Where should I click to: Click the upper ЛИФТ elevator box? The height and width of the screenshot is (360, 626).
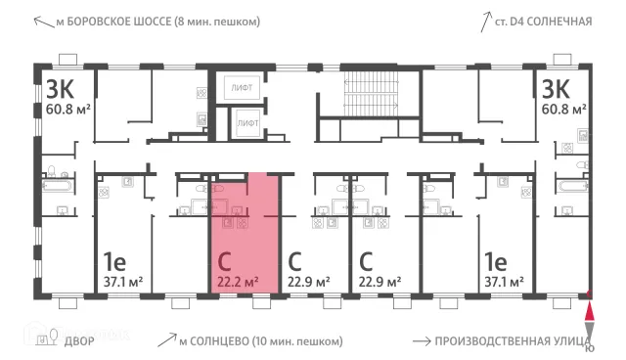(242, 87)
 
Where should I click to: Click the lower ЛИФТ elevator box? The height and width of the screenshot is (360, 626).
(247, 123)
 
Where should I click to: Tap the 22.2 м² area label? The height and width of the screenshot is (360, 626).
(238, 282)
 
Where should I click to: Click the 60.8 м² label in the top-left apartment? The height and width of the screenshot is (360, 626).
(67, 109)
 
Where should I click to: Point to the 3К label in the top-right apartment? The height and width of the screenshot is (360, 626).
(556, 89)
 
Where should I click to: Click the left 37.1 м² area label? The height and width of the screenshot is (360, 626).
(123, 282)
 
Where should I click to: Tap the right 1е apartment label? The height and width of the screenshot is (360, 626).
(495, 261)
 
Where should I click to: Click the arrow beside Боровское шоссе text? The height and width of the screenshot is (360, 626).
(44, 22)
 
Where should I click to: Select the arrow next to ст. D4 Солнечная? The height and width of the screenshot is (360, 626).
(485, 22)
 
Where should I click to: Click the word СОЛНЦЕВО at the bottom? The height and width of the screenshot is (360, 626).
(216, 341)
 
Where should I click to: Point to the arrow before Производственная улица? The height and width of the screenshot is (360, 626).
(422, 341)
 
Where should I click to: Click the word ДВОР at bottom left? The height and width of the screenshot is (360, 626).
(79, 341)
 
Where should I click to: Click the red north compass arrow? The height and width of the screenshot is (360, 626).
(589, 312)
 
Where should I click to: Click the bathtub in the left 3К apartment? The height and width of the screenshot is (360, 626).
(59, 186)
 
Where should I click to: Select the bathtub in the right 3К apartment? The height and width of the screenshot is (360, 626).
(573, 186)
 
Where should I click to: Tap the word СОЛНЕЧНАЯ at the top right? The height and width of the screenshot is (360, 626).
(559, 22)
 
